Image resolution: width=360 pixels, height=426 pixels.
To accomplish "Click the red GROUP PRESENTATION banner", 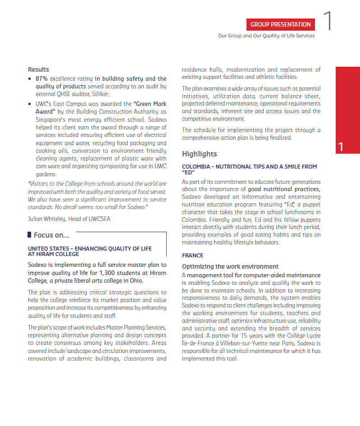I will [280, 24].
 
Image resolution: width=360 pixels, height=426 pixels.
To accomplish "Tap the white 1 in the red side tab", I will [341, 147].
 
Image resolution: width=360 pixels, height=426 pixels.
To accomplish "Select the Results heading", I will [38, 69].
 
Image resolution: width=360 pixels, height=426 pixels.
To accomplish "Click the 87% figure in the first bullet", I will [41, 78].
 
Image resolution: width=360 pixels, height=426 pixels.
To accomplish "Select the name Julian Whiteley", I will [47, 219].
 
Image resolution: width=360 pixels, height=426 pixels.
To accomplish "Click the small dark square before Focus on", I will [29, 235].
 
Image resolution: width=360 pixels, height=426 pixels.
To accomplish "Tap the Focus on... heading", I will [51, 235].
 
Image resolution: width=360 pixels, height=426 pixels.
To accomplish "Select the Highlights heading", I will [199, 154].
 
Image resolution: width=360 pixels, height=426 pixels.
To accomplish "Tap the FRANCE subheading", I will [192, 255].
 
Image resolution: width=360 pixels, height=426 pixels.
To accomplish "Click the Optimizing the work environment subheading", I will [230, 266].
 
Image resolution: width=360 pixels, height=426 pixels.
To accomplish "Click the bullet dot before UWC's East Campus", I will [30, 104].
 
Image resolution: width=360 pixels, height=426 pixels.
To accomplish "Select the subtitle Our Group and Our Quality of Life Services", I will [266, 36].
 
